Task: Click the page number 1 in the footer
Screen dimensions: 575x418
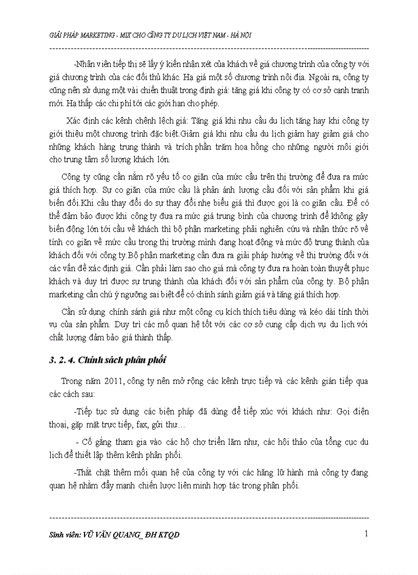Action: (366, 534)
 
